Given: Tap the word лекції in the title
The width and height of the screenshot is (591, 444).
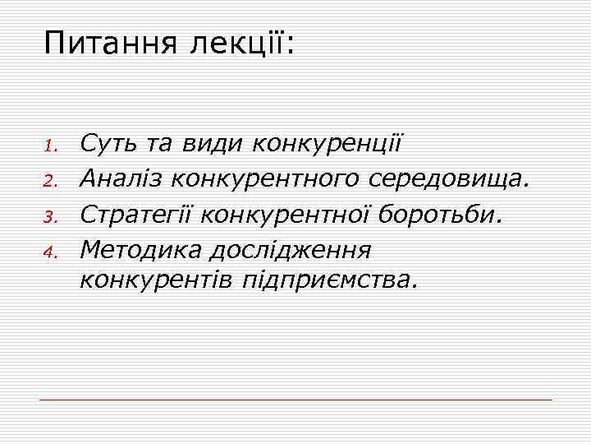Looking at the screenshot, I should [x=242, y=42].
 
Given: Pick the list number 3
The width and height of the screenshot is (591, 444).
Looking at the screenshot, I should [x=48, y=218].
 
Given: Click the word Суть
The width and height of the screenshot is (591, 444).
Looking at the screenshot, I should [x=111, y=146].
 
